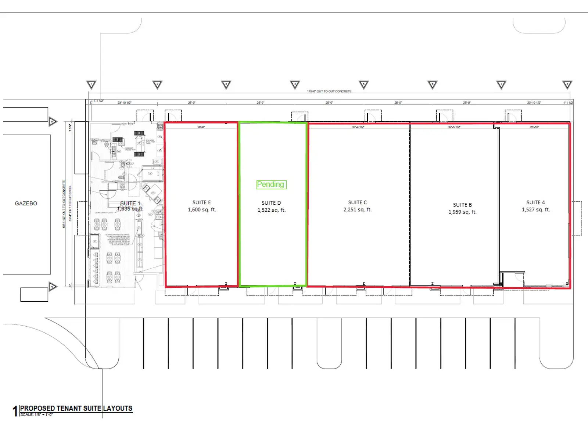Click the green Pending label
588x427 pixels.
(x=271, y=184)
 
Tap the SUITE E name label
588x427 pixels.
(x=202, y=202)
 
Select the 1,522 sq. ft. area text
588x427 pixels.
(x=272, y=210)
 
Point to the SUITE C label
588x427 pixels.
(x=358, y=202)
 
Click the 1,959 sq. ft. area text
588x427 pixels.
(x=462, y=212)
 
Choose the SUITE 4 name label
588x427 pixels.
(x=535, y=202)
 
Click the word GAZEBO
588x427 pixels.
(x=26, y=203)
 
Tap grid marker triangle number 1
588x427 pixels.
(x=92, y=85)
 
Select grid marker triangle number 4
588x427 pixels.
(x=295, y=85)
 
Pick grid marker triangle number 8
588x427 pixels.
(x=567, y=85)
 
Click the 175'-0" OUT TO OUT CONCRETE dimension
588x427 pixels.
(x=329, y=91)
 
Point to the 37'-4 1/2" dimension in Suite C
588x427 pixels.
(x=358, y=127)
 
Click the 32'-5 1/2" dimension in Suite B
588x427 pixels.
(x=454, y=127)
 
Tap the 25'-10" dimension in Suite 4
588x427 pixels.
(x=534, y=127)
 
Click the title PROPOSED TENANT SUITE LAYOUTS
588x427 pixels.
(x=76, y=408)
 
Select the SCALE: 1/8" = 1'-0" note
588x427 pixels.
(x=36, y=415)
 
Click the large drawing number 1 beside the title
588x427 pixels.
(x=15, y=411)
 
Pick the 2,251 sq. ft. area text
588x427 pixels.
(x=358, y=210)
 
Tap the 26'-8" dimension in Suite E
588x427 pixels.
(x=201, y=127)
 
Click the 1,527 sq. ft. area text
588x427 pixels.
(x=536, y=210)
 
